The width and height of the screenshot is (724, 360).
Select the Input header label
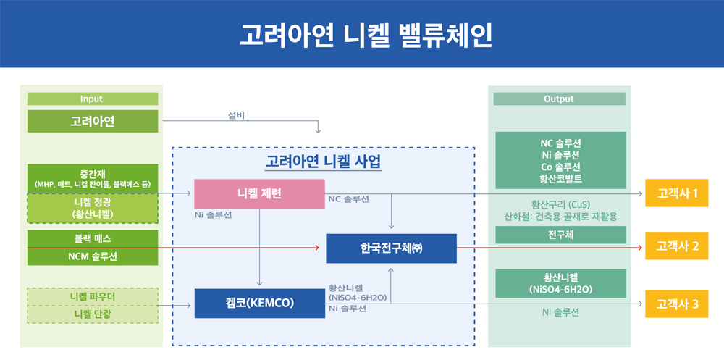click(x=92, y=99)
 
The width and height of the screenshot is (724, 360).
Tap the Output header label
click(x=558, y=99)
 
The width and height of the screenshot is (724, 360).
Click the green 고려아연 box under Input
click(x=92, y=121)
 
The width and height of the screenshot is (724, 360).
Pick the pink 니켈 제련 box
click(x=259, y=193)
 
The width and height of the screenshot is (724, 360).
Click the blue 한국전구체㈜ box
click(x=391, y=248)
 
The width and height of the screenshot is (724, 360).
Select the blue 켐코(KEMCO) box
click(x=259, y=303)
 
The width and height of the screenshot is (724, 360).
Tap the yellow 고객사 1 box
click(x=677, y=193)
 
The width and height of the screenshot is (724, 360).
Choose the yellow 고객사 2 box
click(x=677, y=246)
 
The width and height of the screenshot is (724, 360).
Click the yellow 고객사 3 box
click(x=677, y=304)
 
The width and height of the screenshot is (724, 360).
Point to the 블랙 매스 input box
click(x=92, y=238)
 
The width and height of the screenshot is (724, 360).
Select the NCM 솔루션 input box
click(x=92, y=256)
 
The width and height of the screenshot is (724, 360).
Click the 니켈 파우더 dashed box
click(x=92, y=297)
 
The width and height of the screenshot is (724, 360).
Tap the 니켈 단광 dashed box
click(x=92, y=314)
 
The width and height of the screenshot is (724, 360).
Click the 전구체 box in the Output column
click(x=560, y=235)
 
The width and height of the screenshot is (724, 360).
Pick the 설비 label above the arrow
click(x=235, y=115)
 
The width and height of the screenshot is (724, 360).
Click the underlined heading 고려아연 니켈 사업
click(x=323, y=161)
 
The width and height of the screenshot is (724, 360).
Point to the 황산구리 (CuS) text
click(x=560, y=204)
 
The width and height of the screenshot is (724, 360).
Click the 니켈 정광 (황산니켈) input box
click(x=92, y=208)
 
